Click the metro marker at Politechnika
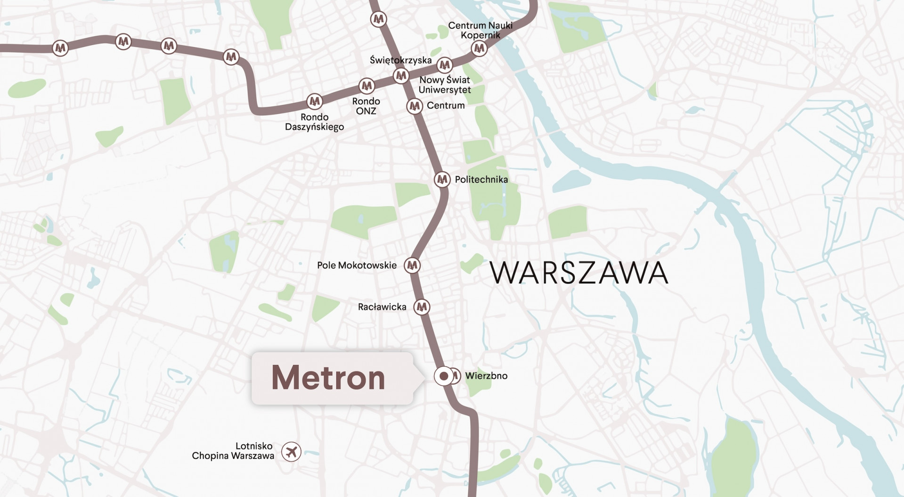click(442, 179)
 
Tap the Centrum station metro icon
click(415, 106)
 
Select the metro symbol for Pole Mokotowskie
click(412, 265)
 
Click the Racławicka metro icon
click(422, 307)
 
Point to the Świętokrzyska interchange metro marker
click(401, 75)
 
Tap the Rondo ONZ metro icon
click(366, 86)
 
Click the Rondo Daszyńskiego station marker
click(315, 101)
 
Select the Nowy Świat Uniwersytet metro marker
click(444, 65)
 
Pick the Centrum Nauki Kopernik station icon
click(479, 48)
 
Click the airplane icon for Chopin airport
click(291, 452)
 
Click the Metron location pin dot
click(444, 376)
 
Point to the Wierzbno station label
click(486, 376)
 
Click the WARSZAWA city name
click(579, 273)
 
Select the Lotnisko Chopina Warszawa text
click(233, 451)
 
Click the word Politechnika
click(481, 179)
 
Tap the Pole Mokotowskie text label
click(357, 265)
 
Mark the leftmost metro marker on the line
click(60, 48)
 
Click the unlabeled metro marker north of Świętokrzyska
click(378, 19)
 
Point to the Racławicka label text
click(382, 307)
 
